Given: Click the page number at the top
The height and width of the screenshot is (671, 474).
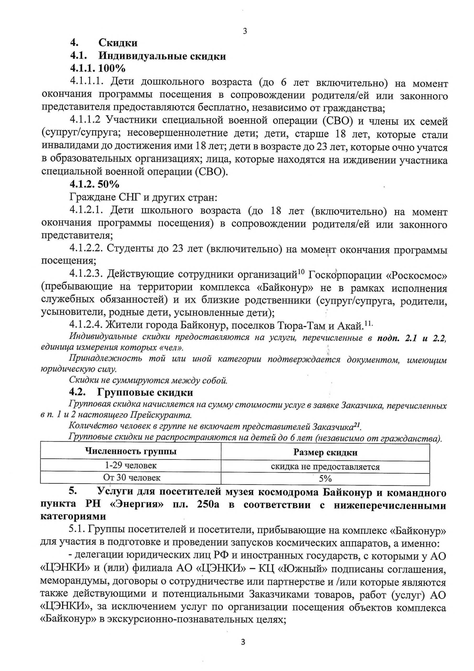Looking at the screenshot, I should coord(245,31).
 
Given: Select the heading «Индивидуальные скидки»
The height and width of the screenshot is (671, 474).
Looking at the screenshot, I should coord(162,56).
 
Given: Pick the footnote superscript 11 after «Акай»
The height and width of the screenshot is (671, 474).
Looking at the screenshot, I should coord(368,323).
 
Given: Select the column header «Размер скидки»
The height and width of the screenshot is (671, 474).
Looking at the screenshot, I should coord(325,452).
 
